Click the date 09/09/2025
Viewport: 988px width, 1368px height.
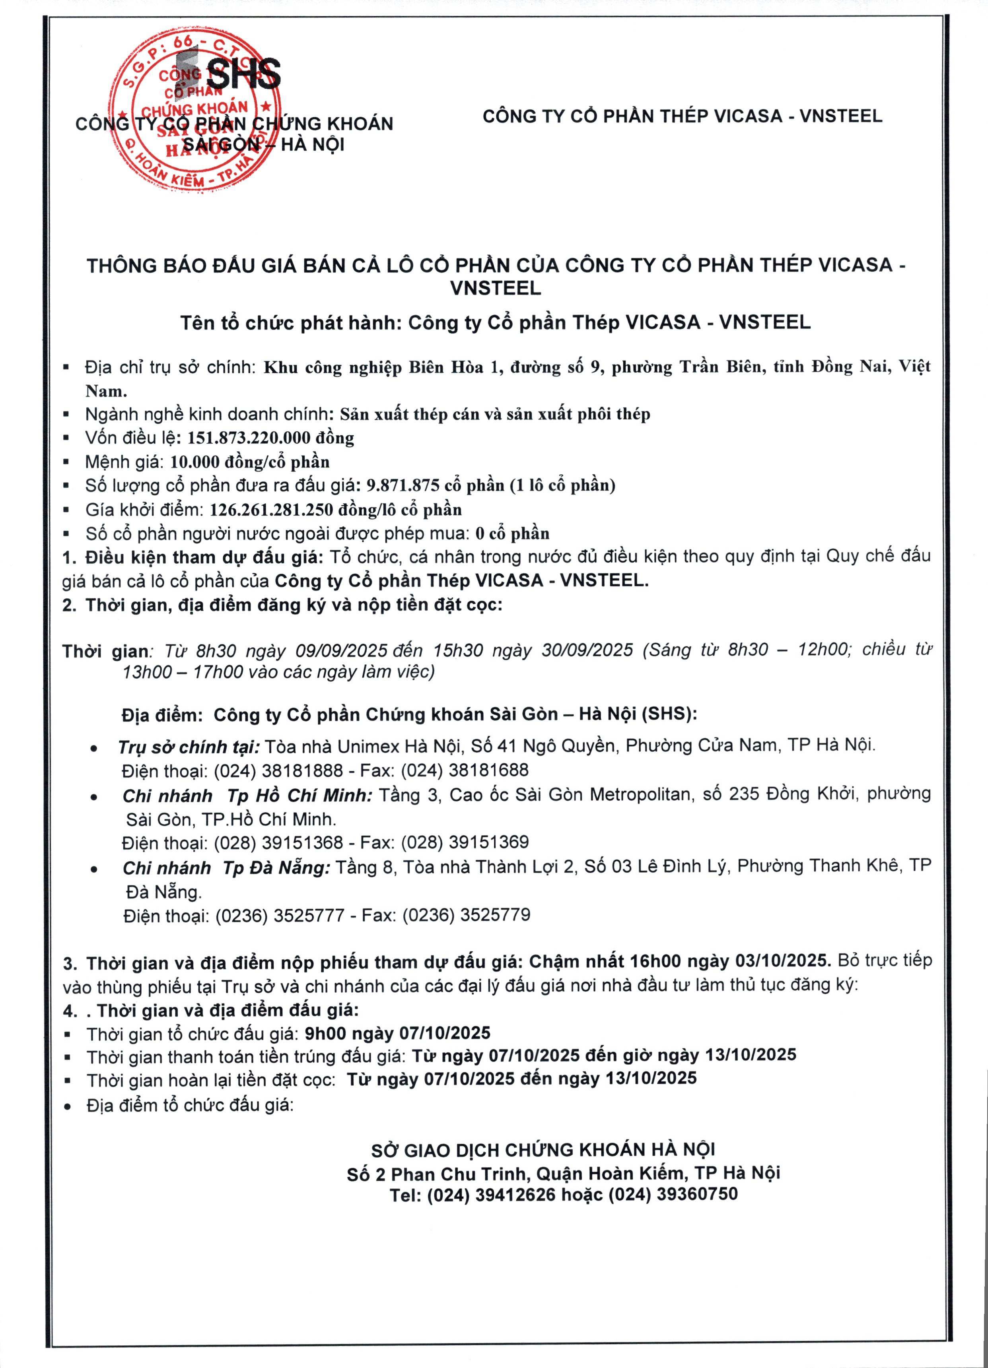341,650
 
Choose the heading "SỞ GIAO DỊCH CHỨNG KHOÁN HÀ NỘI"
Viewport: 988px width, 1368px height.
543,1150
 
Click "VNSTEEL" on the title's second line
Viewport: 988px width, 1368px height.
495,288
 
